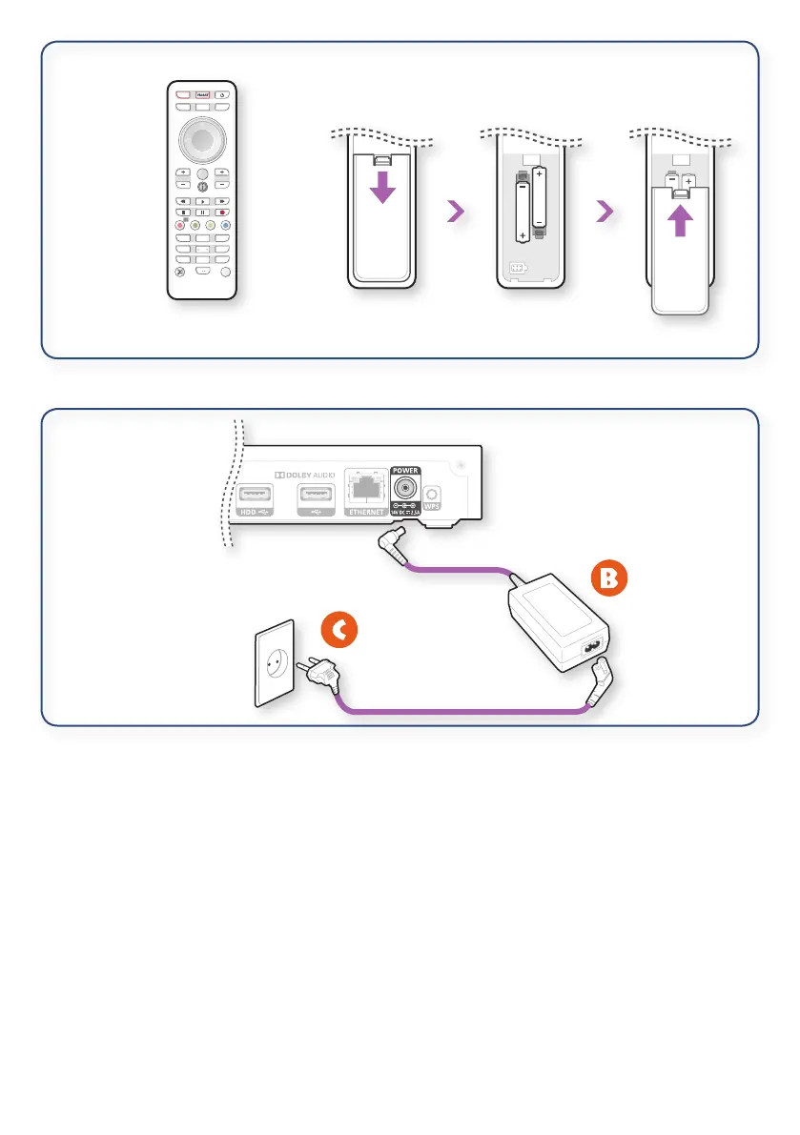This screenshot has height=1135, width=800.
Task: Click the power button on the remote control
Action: pyautogui.click(x=221, y=95)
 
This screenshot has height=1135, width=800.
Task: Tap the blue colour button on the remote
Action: pyautogui.click(x=226, y=226)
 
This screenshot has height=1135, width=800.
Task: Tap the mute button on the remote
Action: pyautogui.click(x=178, y=272)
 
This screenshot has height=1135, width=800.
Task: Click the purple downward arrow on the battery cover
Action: pyautogui.click(x=382, y=188)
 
